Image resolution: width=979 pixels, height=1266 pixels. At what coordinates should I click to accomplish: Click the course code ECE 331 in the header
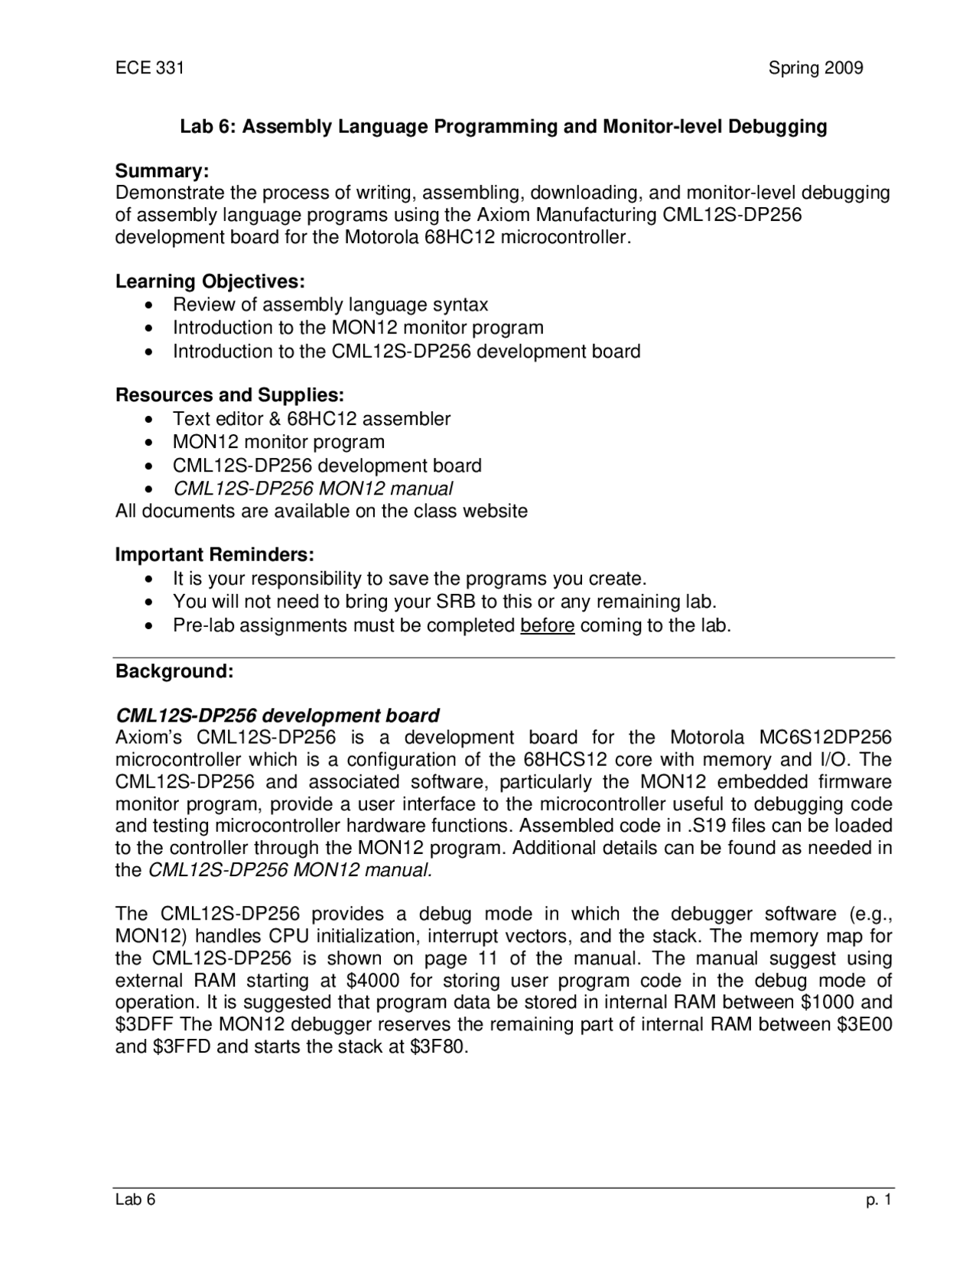[149, 68]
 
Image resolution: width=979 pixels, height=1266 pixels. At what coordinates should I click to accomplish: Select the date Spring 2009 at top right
[815, 68]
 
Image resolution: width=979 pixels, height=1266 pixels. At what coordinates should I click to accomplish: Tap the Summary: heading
[161, 170]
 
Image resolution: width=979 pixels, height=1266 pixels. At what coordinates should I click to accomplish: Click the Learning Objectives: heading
[210, 281]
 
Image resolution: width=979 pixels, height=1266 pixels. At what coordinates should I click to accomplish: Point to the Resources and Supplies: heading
[229, 395]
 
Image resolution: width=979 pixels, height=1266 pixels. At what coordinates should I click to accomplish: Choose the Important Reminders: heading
[215, 553]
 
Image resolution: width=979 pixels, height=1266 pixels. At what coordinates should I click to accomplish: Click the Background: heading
[174, 671]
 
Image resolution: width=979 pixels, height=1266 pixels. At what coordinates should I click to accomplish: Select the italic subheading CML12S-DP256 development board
[277, 716]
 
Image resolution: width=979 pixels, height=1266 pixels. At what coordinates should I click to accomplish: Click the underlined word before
[547, 625]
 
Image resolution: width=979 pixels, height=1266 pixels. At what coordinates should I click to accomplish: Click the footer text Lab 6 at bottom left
[135, 1200]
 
